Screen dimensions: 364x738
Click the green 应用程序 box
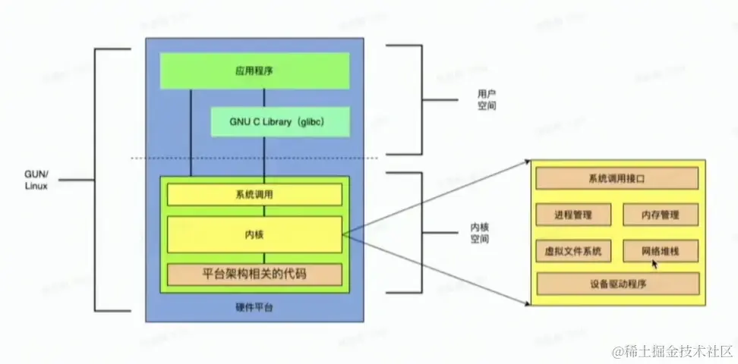tap(254, 71)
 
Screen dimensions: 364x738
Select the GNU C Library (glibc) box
tap(279, 121)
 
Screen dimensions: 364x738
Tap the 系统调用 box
tap(254, 195)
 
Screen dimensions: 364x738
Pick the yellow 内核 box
tap(254, 235)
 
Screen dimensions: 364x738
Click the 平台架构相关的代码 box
tap(254, 275)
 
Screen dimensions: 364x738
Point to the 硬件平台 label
tap(254, 308)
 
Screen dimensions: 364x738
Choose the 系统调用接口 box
tap(617, 179)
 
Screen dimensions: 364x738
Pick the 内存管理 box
tap(660, 215)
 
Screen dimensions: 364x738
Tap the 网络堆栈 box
tap(660, 249)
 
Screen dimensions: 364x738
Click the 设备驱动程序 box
tap(617, 284)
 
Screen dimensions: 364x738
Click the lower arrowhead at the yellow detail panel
tap(526, 303)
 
